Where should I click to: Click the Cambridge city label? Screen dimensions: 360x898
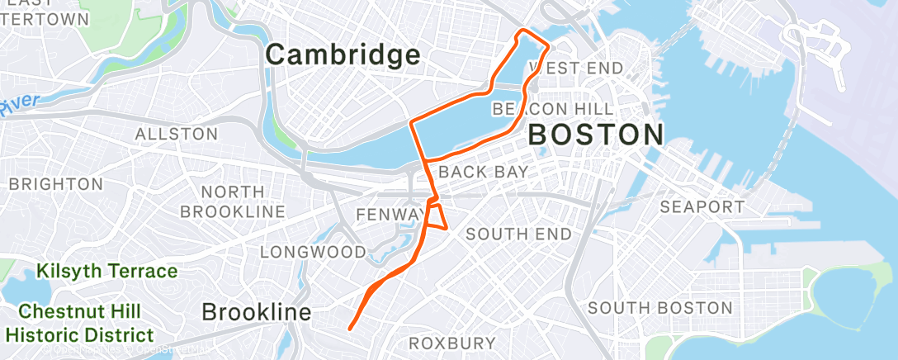(343, 55)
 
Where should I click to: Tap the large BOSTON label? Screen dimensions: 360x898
(596, 134)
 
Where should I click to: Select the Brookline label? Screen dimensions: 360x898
(257, 313)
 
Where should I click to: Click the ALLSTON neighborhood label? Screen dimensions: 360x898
(177, 134)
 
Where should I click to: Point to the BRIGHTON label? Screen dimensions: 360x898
(57, 184)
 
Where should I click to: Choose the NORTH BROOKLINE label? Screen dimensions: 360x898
(233, 201)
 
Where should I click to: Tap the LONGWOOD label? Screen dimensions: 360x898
(312, 251)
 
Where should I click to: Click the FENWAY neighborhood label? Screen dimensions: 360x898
(388, 215)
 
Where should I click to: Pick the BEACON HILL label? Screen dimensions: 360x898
(552, 109)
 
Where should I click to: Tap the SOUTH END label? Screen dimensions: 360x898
(518, 234)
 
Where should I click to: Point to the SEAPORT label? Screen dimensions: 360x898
(702, 206)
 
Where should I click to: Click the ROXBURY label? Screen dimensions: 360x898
(453, 343)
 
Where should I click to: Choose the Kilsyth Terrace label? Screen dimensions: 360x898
(106, 271)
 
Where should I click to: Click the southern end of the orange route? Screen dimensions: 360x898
(350, 329)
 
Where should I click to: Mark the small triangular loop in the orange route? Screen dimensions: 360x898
(437, 216)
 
